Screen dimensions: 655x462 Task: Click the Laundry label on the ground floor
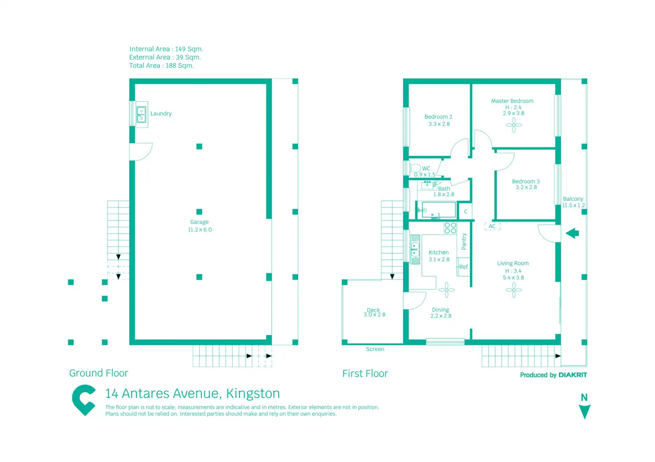(x=161, y=114)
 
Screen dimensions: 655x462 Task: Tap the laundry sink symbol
(x=141, y=115)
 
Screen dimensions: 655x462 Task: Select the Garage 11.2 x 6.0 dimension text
(x=200, y=230)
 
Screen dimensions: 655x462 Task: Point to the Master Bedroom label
(x=512, y=101)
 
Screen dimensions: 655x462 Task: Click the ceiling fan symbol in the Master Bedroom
(x=513, y=125)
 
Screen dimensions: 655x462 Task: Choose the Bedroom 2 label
(x=438, y=117)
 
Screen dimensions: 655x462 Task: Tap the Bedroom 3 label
(x=526, y=182)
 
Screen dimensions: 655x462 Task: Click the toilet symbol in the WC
(x=415, y=168)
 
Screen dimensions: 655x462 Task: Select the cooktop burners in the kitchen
(x=450, y=228)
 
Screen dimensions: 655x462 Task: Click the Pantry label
(x=464, y=241)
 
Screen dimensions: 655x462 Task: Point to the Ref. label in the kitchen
(x=464, y=267)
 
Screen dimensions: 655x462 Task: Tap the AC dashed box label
(x=492, y=227)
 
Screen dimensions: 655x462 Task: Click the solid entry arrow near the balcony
(x=572, y=233)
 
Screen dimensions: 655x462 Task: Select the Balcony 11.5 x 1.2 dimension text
(x=573, y=205)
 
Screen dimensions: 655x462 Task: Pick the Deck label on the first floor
(x=373, y=310)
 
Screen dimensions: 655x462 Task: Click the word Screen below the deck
(x=375, y=349)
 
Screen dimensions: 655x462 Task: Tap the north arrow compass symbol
(x=584, y=411)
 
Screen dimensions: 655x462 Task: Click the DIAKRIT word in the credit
(x=573, y=375)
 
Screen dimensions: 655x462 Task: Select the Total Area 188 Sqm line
(x=162, y=66)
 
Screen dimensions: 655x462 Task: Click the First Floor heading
(x=365, y=374)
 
